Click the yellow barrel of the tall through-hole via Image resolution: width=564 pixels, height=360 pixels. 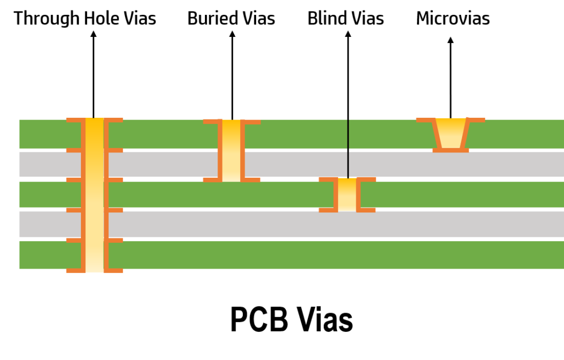point(94,193)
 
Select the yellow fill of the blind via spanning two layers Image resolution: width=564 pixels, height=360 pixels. point(231,150)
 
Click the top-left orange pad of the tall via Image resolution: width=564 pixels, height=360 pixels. point(74,119)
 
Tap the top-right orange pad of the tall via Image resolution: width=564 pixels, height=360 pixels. point(114,119)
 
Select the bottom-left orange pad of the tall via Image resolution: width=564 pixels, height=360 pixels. point(74,270)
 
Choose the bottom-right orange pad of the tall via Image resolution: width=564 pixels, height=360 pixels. point(114,270)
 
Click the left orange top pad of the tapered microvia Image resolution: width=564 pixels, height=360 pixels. point(425,119)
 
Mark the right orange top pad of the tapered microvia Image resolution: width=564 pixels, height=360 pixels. point(476,119)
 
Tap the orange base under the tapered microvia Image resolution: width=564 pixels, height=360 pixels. point(451,150)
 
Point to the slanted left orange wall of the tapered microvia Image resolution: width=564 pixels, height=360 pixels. point(437,134)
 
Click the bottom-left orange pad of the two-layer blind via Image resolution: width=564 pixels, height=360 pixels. point(211,179)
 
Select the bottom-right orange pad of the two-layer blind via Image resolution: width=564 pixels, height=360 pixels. point(252,179)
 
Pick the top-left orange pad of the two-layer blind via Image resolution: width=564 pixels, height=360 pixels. point(211,122)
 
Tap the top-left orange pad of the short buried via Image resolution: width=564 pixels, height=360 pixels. point(327,179)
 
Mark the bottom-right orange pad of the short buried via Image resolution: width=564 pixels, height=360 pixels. point(367,210)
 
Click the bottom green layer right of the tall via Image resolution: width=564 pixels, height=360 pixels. point(330,255)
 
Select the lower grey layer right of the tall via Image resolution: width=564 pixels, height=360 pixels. point(330,224)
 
